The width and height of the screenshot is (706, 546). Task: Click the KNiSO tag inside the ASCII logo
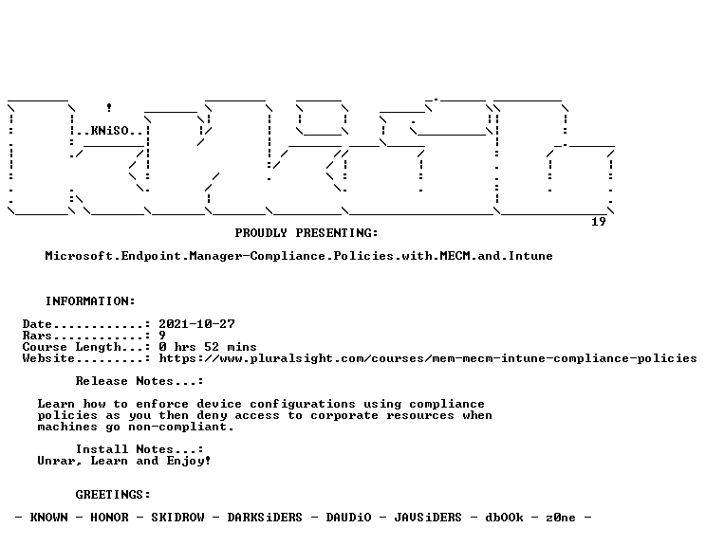pos(110,131)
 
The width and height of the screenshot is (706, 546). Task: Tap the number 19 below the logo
pos(599,222)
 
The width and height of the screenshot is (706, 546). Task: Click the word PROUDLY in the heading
pos(261,233)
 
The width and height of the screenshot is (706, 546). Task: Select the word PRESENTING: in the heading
pos(337,233)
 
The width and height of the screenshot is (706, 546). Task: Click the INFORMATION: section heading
pos(90,301)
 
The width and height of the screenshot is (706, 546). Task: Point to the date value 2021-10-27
pos(196,324)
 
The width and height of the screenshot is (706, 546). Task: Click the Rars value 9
pos(162,336)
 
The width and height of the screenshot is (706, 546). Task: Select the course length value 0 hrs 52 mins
pos(208,347)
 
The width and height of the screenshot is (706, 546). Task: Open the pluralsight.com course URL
pos(428,358)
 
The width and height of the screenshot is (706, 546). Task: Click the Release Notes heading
pos(139,381)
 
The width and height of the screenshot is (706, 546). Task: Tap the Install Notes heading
pos(139,449)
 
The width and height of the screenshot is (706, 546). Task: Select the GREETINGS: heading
pos(113,495)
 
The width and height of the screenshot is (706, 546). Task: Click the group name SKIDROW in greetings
pos(177,518)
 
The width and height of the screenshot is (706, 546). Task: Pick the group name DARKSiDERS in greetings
pos(265,518)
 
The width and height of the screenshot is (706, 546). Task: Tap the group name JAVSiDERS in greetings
pos(428,518)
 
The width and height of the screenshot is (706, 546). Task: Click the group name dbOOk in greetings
pos(504,518)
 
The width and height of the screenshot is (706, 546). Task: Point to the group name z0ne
pos(561,518)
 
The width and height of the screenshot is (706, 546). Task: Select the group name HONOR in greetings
pos(109,518)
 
